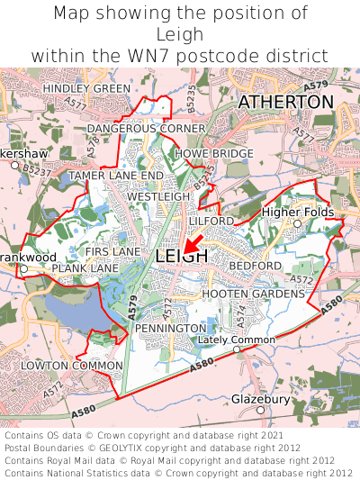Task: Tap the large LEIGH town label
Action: (x=181, y=257)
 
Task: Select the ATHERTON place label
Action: (x=285, y=103)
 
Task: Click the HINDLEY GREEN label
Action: (x=86, y=88)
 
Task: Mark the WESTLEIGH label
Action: (x=159, y=195)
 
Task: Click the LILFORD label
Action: (x=211, y=220)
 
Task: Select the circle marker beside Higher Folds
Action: (x=296, y=222)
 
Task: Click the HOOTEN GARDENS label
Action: (x=253, y=294)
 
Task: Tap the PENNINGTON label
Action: (x=170, y=329)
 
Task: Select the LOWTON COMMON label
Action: (x=71, y=365)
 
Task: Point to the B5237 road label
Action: (x=36, y=168)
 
